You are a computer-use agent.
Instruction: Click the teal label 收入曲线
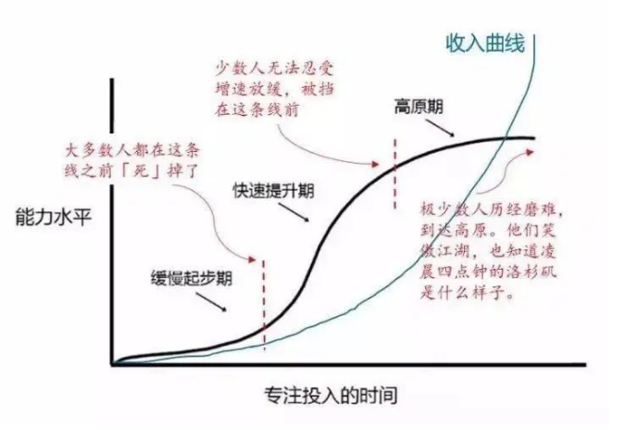(485, 44)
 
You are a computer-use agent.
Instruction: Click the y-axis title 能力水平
(53, 217)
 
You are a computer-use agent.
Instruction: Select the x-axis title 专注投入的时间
(331, 396)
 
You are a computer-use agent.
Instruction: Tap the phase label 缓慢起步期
(192, 278)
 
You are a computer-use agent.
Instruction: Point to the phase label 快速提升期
(273, 190)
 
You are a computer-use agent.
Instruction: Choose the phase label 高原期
(418, 107)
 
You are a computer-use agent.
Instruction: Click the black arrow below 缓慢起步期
(211, 302)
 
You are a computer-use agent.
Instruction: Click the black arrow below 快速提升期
(294, 212)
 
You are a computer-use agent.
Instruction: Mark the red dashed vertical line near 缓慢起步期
(264, 304)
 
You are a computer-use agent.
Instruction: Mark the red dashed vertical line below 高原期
(394, 173)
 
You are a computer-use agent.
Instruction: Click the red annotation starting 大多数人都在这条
(132, 160)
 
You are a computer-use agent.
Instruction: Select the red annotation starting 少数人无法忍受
(275, 89)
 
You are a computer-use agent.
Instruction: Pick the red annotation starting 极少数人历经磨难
(488, 251)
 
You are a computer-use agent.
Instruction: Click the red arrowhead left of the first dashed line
(252, 259)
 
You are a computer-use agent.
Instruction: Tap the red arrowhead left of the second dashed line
(374, 164)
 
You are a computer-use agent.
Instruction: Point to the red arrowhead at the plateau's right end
(530, 152)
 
